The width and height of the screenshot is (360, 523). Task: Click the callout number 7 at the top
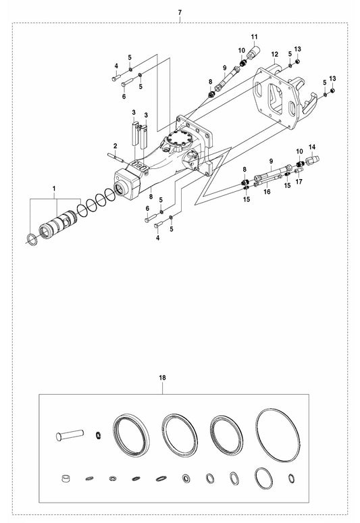[x=180, y=13]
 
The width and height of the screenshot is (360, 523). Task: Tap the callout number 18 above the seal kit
[x=162, y=378]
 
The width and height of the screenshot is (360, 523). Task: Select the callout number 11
[x=255, y=37]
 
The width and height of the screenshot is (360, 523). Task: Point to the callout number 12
[x=275, y=54]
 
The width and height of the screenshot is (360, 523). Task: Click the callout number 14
[x=312, y=147]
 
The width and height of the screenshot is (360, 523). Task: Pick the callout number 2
[x=115, y=146]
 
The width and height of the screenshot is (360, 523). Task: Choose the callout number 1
[x=54, y=189]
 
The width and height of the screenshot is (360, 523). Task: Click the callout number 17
[x=299, y=182]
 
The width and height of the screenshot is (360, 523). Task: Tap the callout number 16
[x=267, y=192]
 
